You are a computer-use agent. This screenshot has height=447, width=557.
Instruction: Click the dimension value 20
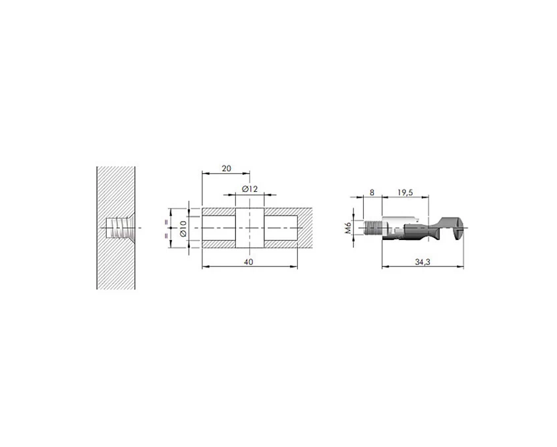[x=226, y=168]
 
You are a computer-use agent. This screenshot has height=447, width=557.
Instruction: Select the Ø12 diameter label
[x=249, y=189]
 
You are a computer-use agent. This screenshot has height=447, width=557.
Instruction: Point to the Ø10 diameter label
[x=183, y=228]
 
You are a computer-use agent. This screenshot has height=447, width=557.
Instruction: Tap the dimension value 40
[x=249, y=262]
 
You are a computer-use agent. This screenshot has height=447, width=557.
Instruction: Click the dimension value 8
[x=372, y=193]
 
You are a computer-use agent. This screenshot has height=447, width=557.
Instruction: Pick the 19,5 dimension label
[x=405, y=193]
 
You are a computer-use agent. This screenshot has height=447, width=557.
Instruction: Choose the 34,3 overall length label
[x=423, y=262]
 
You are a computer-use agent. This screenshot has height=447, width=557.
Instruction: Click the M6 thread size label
[x=348, y=227]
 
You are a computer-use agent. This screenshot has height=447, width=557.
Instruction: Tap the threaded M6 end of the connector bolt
[x=373, y=227]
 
